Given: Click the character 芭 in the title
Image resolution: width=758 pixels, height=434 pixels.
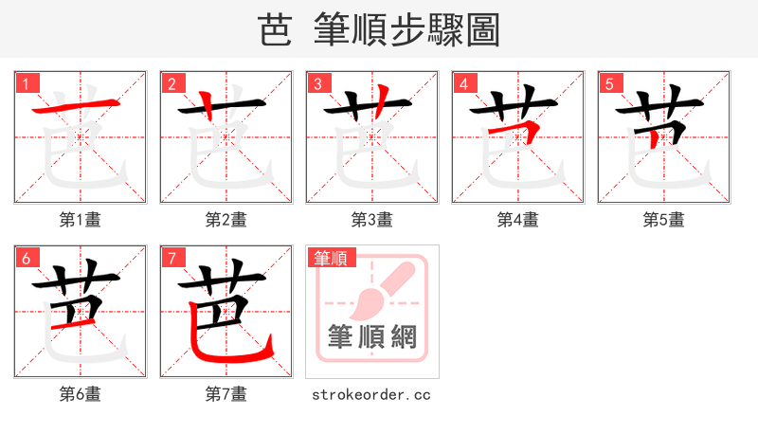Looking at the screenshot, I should pos(275,29).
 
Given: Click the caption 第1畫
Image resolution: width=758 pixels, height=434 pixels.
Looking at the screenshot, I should pos(81,220).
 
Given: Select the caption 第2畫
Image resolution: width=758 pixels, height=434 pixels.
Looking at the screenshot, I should pos(226,220).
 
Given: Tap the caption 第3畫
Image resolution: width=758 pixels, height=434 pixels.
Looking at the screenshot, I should pos(372,220).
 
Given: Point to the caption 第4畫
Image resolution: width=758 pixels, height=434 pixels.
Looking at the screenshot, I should pos(518,220).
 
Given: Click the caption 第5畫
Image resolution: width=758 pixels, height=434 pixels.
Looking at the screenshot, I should pos(664,220).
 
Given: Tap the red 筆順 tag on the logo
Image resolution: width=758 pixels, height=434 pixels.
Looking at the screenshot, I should pos(331,258).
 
